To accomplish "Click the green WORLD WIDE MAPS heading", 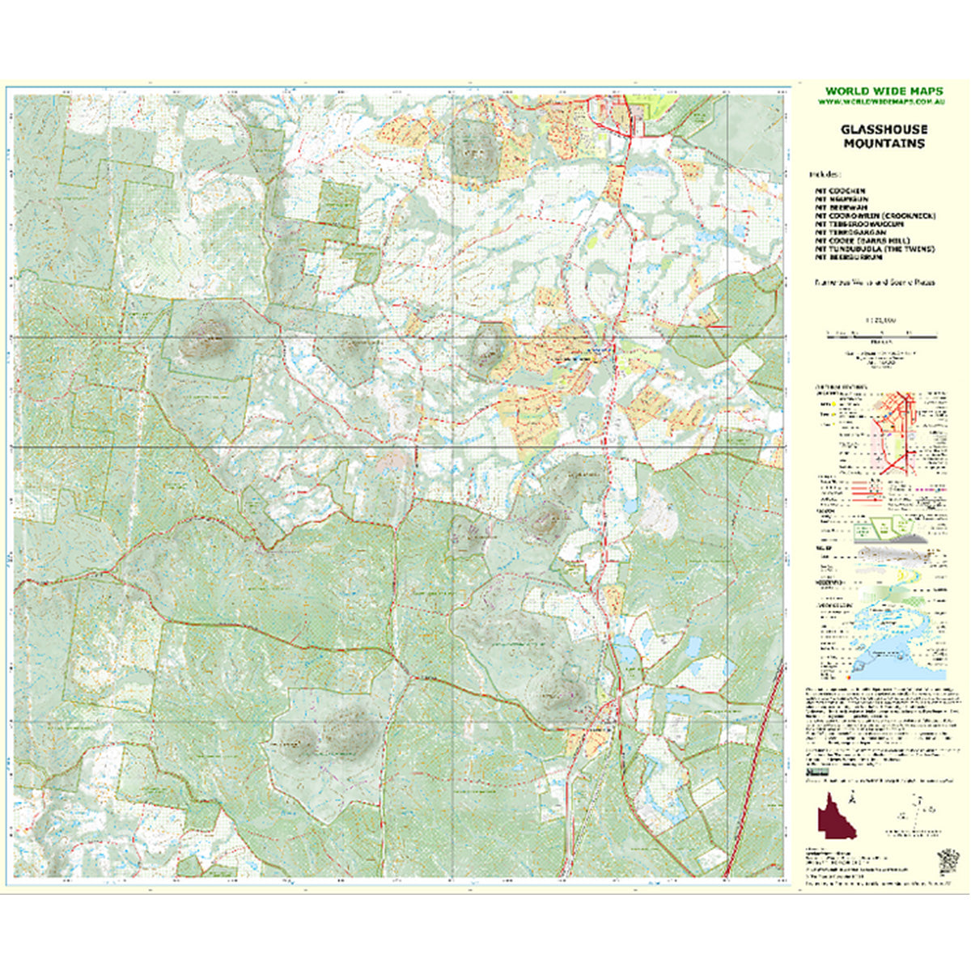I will [883, 91].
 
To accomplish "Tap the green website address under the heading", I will [883, 102].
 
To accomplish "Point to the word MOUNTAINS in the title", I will [884, 143].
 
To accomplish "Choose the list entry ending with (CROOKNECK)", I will [876, 216].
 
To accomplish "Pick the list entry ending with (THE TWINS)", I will [875, 249].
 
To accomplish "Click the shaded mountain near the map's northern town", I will [473, 147].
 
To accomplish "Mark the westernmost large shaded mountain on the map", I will [204, 338].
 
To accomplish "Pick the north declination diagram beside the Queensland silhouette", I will [922, 809].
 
